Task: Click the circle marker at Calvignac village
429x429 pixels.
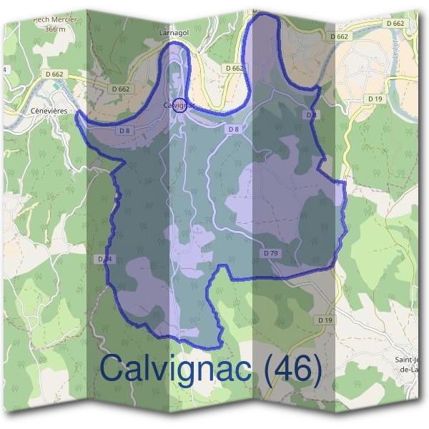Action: [179, 105]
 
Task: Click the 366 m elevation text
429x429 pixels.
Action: [54, 29]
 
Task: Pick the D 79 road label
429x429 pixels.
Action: [270, 253]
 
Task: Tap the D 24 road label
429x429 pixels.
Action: [103, 258]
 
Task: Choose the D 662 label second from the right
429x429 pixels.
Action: [340, 35]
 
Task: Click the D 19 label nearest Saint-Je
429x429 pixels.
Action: [325, 320]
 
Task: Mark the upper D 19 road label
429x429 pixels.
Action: [375, 98]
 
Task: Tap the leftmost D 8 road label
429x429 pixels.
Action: [124, 130]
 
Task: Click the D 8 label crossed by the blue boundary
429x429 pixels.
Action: [310, 114]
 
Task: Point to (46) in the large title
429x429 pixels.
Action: [290, 368]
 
